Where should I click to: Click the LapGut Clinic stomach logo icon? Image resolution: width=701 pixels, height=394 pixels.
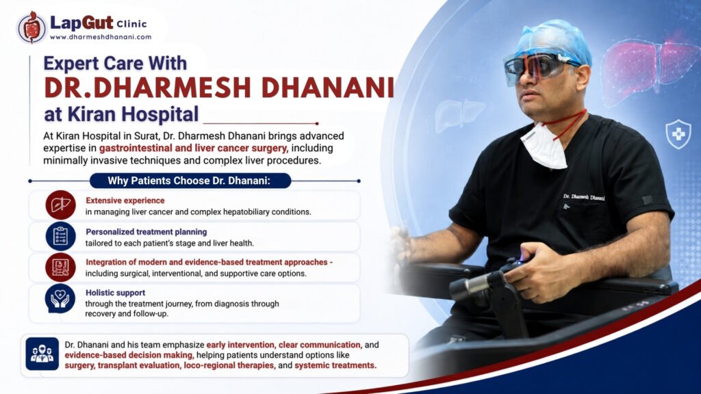point(31,27)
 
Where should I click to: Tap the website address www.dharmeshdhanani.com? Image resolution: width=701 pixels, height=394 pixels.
point(101,37)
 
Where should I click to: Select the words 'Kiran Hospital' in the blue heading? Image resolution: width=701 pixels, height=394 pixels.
point(133,114)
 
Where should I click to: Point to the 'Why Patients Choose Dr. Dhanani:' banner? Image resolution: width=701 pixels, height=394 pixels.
point(190,181)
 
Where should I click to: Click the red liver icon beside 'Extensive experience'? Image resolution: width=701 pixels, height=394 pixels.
point(60,205)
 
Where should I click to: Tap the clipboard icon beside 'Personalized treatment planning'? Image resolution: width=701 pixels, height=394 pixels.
point(60,236)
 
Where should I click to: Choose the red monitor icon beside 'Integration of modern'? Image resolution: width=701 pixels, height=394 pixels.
point(60,267)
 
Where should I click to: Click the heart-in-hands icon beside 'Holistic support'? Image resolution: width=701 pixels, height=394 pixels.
point(60,298)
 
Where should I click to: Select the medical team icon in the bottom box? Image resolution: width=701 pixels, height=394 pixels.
point(42,354)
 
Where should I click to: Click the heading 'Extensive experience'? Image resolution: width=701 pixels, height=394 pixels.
point(125,200)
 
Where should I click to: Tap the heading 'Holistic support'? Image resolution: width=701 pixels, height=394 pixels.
point(115,293)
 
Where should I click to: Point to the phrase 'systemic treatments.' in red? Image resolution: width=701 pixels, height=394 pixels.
point(335,365)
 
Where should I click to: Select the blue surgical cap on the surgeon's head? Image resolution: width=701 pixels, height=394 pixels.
point(555,40)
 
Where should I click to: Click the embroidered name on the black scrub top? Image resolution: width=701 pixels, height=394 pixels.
point(584,197)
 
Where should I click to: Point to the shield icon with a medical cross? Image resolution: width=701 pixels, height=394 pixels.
point(678,133)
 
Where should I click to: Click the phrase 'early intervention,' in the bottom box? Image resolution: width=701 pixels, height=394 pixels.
point(240,345)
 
